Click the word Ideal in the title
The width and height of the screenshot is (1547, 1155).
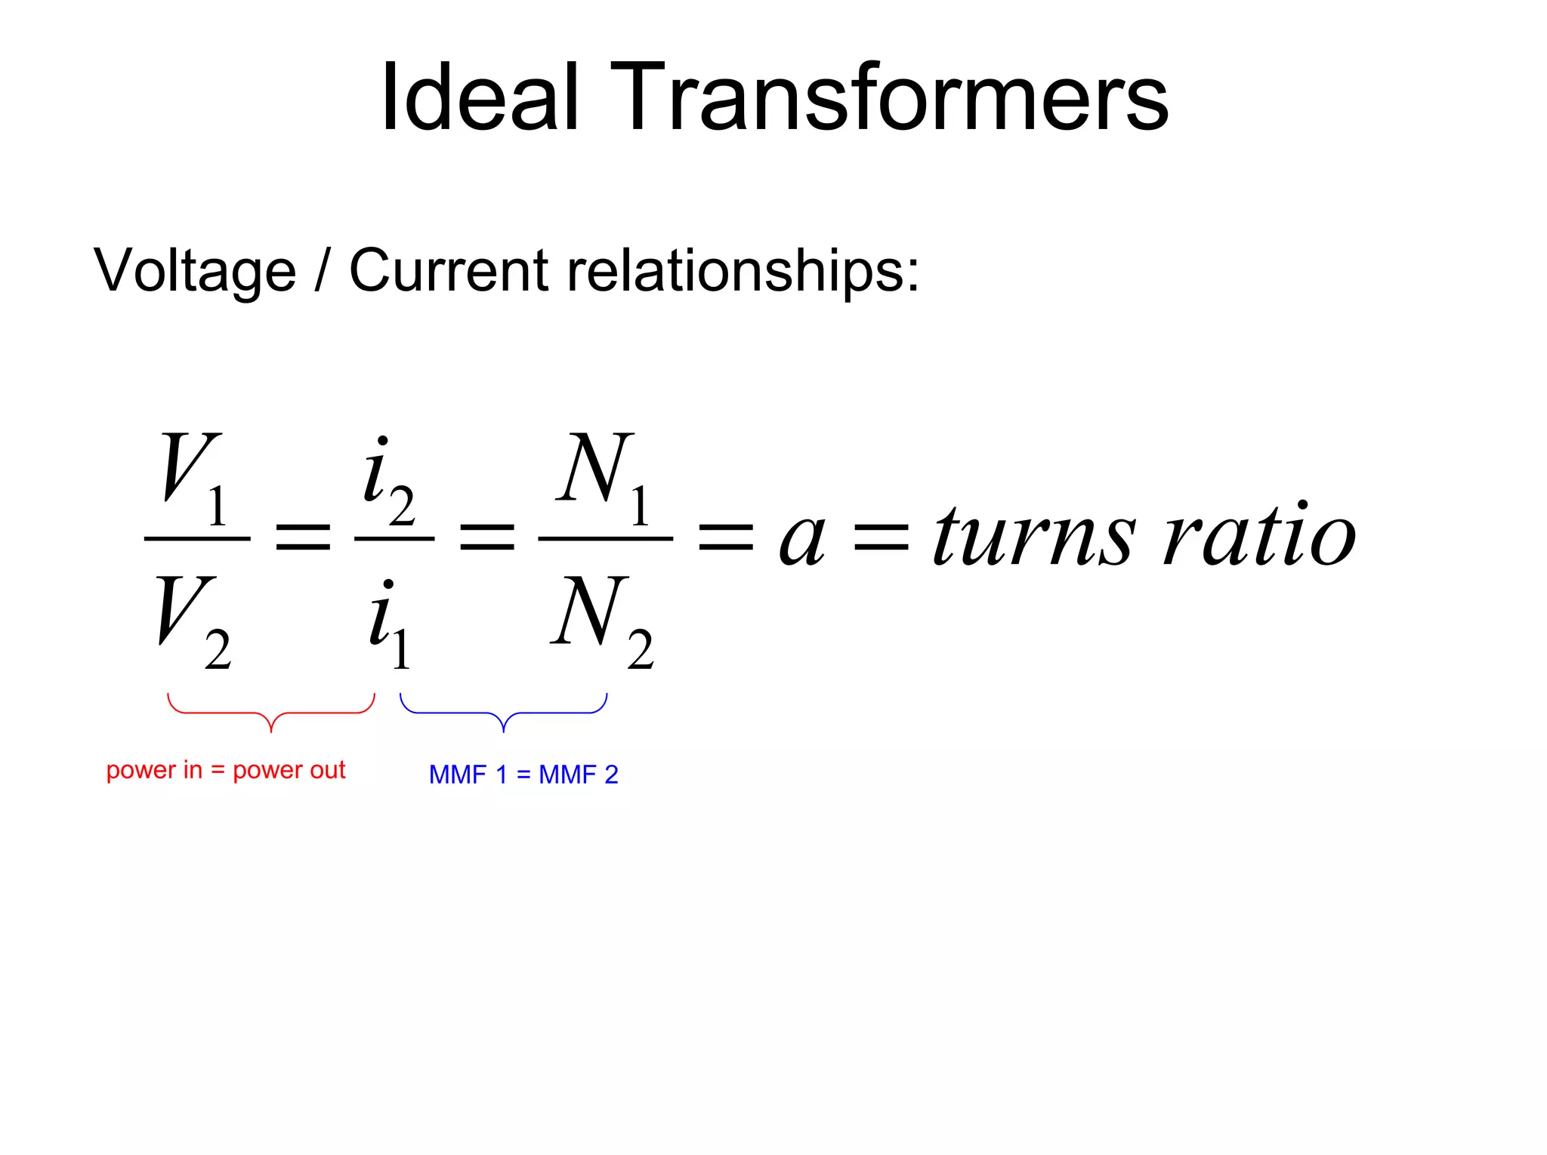(x=479, y=98)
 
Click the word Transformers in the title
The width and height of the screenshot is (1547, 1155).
(x=888, y=98)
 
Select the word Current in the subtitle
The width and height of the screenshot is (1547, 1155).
(x=449, y=270)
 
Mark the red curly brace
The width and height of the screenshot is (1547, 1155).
(x=270, y=713)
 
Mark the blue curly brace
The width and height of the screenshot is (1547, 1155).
(x=503, y=713)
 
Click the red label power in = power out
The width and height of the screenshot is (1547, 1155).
(x=225, y=770)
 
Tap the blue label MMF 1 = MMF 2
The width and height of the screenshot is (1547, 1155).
(x=523, y=775)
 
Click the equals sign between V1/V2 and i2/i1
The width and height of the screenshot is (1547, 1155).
(x=303, y=537)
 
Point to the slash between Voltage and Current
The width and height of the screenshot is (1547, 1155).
(x=323, y=270)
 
